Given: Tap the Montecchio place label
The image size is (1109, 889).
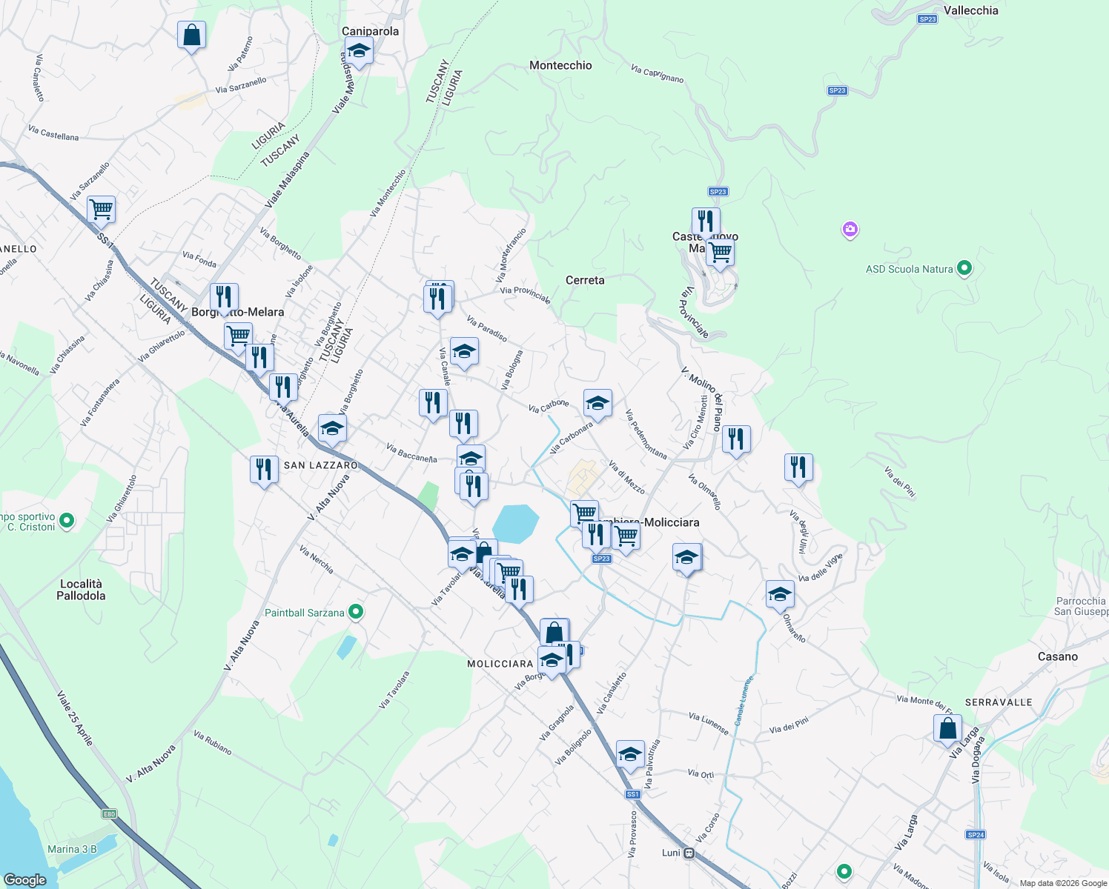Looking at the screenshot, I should click(560, 65).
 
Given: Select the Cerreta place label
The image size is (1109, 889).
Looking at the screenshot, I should click(585, 280).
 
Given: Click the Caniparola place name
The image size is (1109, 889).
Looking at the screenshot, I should click(370, 31).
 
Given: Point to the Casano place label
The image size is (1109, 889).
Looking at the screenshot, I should click(1058, 656).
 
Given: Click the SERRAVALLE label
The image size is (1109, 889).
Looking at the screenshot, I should click(998, 702).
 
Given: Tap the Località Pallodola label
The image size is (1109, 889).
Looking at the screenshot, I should click(81, 590).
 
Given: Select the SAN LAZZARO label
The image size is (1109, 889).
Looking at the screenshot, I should click(321, 465).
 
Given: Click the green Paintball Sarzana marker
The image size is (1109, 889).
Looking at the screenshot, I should click(356, 612).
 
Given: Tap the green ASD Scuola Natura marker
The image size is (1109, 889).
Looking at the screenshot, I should click(964, 268).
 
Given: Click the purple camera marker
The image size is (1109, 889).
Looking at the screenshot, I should click(850, 230).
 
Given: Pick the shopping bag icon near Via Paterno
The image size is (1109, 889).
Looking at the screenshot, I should click(191, 35).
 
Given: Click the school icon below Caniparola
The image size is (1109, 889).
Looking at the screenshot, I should click(359, 51).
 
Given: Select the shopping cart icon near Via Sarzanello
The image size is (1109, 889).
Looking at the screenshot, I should click(101, 210).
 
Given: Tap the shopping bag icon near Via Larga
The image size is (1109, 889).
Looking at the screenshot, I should click(947, 728).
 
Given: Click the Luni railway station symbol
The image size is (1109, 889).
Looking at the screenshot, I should click(689, 853).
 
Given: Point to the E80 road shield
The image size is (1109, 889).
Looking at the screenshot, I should click(109, 814).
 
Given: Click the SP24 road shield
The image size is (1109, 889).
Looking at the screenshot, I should click(976, 835).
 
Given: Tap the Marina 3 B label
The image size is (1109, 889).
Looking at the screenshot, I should click(72, 849).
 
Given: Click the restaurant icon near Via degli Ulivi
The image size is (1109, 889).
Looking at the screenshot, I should click(798, 467).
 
